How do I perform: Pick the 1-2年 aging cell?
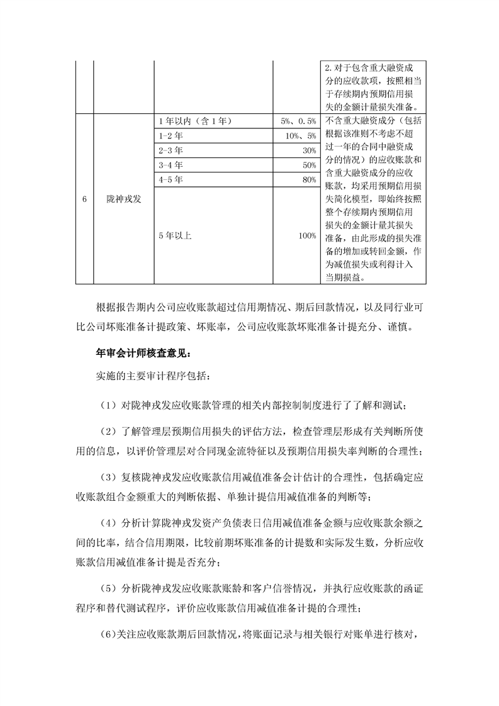point(170,136)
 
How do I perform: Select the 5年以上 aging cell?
point(175,235)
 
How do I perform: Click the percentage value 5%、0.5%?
point(298,121)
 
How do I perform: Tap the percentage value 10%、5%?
point(300,136)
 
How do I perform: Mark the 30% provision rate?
point(309,150)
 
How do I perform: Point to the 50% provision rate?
point(309,165)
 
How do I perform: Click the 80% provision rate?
point(309,179)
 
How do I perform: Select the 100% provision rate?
point(307,235)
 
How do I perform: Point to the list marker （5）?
point(108,588)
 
